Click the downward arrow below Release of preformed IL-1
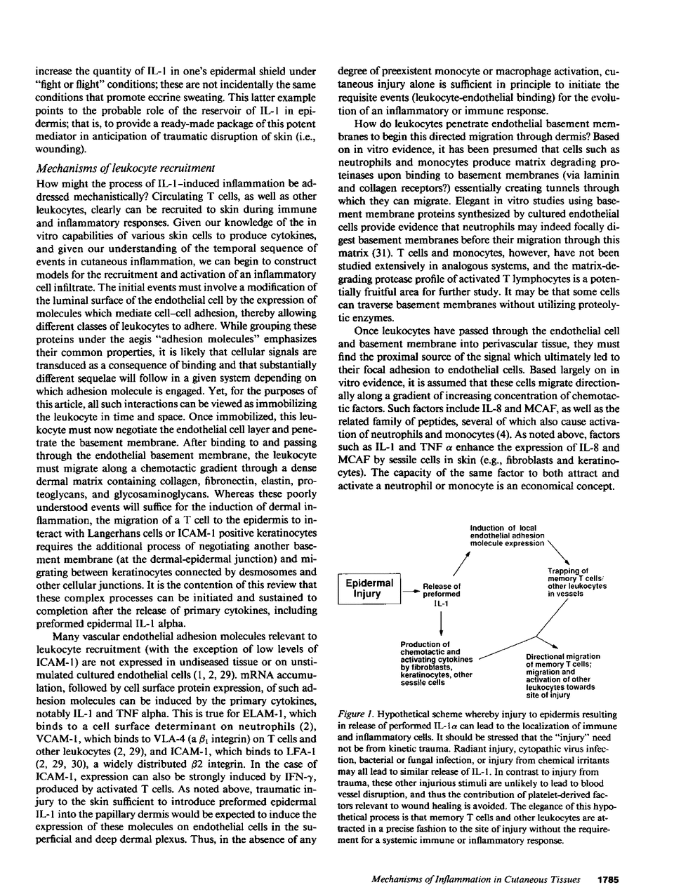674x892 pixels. (x=441, y=621)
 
